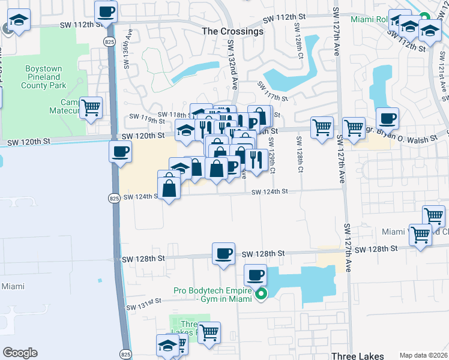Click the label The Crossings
(x=232, y=31)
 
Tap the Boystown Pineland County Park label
(x=43, y=77)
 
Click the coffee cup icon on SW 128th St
(x=224, y=253)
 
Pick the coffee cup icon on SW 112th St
(x=106, y=11)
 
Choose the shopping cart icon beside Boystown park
(x=91, y=109)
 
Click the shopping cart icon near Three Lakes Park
(x=209, y=332)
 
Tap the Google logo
(x=20, y=353)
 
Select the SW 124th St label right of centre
(x=270, y=191)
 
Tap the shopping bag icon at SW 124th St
(x=169, y=188)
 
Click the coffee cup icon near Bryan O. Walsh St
(x=387, y=118)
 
